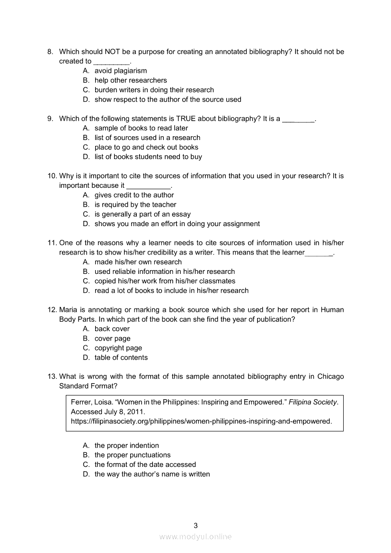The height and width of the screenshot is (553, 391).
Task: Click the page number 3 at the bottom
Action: point(195,525)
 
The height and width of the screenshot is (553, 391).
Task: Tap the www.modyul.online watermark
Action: point(195,536)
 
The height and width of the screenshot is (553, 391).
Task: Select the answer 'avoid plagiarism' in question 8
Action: point(120,70)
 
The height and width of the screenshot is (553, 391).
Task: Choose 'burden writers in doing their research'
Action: point(154,90)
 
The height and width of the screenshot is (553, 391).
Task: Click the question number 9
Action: point(50,119)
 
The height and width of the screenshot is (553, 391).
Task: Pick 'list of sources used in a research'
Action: point(147,138)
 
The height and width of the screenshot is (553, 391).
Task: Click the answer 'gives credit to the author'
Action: point(134,195)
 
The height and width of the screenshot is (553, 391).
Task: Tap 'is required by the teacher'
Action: point(135,204)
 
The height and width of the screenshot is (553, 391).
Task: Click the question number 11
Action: point(52,243)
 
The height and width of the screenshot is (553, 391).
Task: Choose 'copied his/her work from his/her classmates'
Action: point(165,281)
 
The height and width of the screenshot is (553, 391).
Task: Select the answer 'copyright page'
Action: point(118,348)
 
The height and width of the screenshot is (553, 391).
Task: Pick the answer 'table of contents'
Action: point(121,358)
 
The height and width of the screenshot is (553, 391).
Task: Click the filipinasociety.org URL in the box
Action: point(201,421)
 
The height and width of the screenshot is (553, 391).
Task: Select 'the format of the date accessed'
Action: point(145,465)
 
